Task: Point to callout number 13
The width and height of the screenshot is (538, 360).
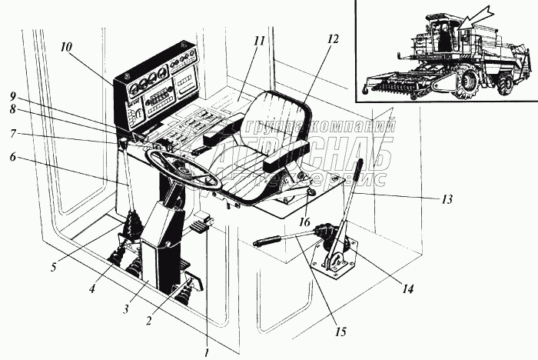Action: coord(447,198)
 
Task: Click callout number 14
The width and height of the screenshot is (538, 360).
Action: coord(409,289)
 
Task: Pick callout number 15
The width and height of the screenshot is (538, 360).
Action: coord(341,332)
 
